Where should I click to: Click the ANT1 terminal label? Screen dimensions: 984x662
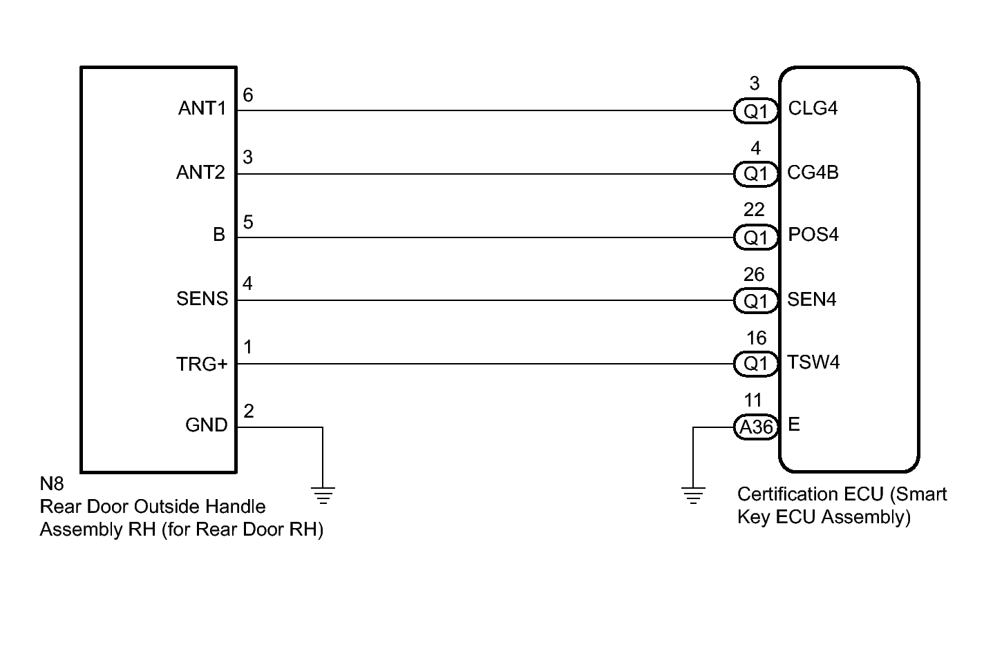202,108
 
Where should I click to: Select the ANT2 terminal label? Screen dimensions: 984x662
201,173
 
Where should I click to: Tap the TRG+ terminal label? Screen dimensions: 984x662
202,364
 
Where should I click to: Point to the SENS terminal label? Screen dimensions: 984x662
202,299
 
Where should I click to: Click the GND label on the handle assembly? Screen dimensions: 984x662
207,425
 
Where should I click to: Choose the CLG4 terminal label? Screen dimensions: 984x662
813,108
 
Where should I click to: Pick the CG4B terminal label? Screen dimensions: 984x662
813,173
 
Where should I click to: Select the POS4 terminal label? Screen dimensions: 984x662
813,234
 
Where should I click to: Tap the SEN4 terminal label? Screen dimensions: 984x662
811,299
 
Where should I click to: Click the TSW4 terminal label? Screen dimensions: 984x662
813,362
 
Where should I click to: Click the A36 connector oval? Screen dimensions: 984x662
755,427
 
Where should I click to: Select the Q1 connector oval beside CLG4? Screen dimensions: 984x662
755,111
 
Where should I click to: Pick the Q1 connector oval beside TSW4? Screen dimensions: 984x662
755,364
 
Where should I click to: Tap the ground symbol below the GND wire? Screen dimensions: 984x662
323,496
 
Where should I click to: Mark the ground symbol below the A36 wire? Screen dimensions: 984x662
693,496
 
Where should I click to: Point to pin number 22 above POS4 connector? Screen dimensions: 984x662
754,210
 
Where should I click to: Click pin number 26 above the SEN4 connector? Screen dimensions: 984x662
754,275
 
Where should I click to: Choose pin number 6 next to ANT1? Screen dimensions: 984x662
248,95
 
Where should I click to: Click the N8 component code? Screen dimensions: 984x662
52,484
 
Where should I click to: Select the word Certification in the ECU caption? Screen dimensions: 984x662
811,494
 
